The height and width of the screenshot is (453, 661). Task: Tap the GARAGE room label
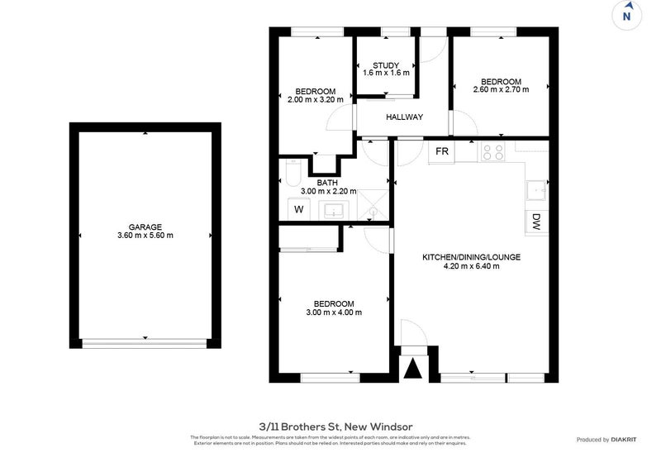145,226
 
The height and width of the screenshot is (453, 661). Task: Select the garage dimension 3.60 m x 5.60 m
145,236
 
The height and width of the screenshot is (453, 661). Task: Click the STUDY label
386,65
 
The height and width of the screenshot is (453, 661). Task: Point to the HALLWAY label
405,117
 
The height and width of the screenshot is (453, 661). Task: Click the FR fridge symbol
442,152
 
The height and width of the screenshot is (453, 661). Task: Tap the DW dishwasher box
535,221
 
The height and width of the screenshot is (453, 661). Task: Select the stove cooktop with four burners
493,152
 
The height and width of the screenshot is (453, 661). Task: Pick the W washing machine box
298,210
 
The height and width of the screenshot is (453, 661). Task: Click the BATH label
327,183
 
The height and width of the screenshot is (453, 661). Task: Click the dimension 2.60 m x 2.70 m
501,89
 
